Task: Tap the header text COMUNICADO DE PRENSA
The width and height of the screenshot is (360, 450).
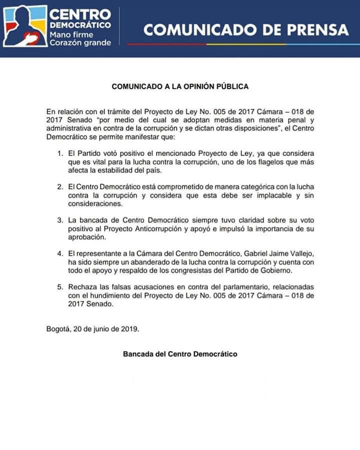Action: (245, 29)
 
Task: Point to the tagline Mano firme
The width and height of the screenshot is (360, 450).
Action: (72, 34)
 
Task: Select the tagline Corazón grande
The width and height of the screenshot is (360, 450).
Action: (80, 43)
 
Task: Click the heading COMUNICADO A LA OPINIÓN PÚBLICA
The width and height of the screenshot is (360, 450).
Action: (180, 86)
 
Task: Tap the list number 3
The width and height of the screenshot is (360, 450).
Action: (59, 220)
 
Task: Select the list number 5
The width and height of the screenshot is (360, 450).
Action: (59, 287)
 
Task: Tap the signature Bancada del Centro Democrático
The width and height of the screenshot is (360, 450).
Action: (180, 354)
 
